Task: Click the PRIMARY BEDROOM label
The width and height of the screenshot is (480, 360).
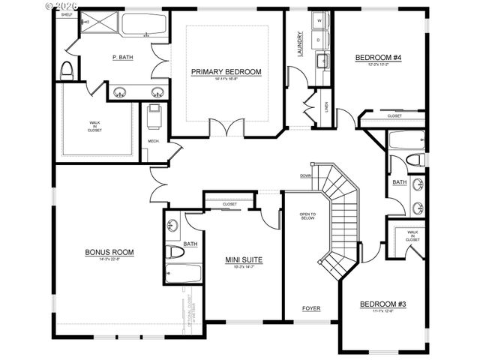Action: pyautogui.click(x=226, y=72)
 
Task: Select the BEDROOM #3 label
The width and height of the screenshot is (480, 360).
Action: pyautogui.click(x=382, y=304)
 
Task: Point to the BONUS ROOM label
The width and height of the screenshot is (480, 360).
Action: pyautogui.click(x=109, y=252)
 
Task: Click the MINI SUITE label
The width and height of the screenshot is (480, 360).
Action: pyautogui.click(x=244, y=259)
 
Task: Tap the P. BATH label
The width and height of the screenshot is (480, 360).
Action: pyautogui.click(x=122, y=57)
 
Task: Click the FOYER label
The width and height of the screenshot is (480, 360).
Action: pyautogui.click(x=311, y=309)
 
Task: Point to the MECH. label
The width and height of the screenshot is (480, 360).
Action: pyautogui.click(x=154, y=141)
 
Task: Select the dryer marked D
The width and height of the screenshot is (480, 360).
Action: pyautogui.click(x=319, y=40)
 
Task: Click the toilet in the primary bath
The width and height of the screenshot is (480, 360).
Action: pyautogui.click(x=66, y=70)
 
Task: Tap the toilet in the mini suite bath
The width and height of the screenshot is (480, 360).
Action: pyautogui.click(x=174, y=251)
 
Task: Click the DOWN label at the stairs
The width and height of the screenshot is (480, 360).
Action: pyautogui.click(x=305, y=176)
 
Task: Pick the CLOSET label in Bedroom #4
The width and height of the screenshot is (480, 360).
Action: pyautogui.click(x=394, y=116)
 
